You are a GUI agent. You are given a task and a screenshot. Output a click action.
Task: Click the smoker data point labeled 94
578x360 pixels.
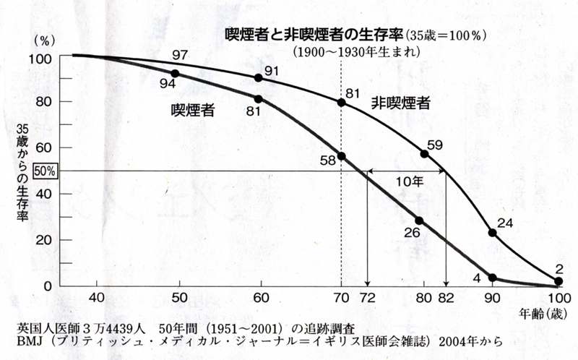(x=175, y=74)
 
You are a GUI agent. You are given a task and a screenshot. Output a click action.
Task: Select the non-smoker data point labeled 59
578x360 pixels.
(x=424, y=154)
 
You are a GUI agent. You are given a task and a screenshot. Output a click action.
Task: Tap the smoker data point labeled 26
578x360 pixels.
(x=418, y=220)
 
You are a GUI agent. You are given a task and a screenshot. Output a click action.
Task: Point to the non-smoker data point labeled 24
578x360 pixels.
(x=493, y=233)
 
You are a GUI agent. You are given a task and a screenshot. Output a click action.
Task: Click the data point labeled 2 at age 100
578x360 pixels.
(x=558, y=282)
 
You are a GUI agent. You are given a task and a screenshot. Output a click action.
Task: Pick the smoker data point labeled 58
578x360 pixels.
(x=341, y=156)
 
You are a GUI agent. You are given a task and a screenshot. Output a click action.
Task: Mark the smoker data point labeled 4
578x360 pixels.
(x=493, y=278)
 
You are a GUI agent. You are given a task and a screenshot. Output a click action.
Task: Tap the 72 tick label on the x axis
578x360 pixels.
(x=367, y=298)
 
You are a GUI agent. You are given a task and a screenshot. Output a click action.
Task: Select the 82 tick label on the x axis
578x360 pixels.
(x=446, y=298)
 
